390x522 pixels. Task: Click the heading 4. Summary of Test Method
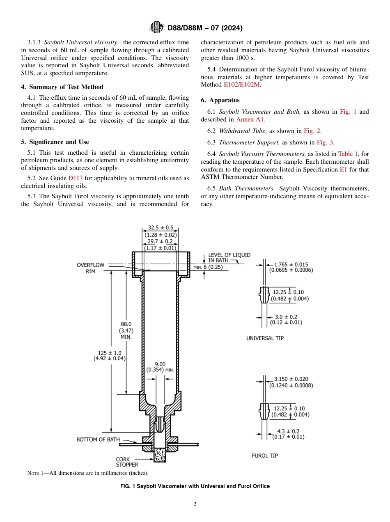[x=62, y=87]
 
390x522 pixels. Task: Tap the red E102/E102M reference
[x=242, y=85]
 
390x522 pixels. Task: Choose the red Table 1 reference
[x=348, y=154]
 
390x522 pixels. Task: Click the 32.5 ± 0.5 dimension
[x=161, y=228]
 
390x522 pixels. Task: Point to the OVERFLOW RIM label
[x=90, y=268]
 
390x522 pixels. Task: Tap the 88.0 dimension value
[x=126, y=324]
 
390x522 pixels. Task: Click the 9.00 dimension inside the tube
[x=160, y=364]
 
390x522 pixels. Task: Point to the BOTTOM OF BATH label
[x=98, y=440]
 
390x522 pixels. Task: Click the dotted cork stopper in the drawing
[x=160, y=454]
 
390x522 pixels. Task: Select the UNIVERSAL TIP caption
[x=265, y=338]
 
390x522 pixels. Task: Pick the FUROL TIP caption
[x=265, y=456]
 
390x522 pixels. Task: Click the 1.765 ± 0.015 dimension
[x=291, y=265]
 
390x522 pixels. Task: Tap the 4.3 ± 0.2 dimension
[x=288, y=431]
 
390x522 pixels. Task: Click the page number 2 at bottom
[x=195, y=504]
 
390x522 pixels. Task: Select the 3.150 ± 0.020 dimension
[x=291, y=379]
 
